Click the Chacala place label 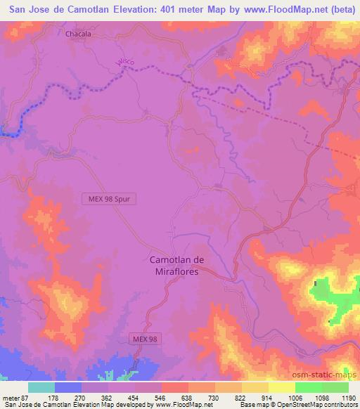click(x=78, y=34)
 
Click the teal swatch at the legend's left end click(x=41, y=387)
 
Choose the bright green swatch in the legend click(x=309, y=387)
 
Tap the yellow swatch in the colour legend click(x=282, y=387)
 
